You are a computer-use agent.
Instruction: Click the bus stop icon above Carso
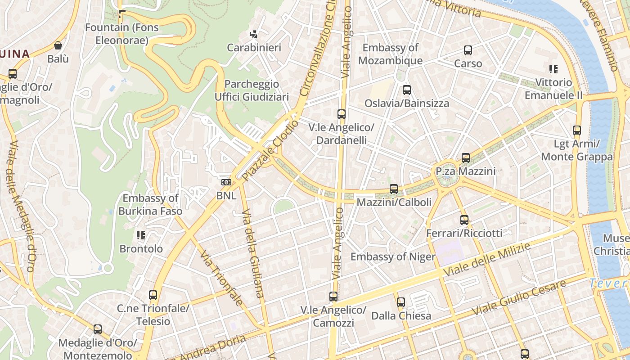click(x=468, y=50)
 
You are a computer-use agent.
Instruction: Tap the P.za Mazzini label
click(x=465, y=171)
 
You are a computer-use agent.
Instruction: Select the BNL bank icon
click(x=226, y=182)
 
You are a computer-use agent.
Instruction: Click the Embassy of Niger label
click(x=393, y=256)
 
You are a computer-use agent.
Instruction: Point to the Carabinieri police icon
click(x=254, y=34)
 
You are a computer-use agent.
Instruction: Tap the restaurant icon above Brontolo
click(x=141, y=235)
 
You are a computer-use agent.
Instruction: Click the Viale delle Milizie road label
click(x=487, y=260)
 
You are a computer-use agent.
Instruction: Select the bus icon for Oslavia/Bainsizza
click(x=407, y=90)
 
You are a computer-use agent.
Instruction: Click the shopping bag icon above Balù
click(x=58, y=45)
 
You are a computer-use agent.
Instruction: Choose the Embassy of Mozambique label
click(x=391, y=54)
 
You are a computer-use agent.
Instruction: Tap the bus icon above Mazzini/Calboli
click(x=394, y=189)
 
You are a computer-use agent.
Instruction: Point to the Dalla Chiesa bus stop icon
click(x=401, y=302)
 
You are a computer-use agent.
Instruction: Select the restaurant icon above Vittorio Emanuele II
click(x=553, y=69)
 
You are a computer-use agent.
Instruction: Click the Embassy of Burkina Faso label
click(x=150, y=205)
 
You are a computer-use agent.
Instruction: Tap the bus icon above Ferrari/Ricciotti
click(x=464, y=220)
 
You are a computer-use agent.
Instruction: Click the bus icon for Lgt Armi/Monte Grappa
click(x=577, y=131)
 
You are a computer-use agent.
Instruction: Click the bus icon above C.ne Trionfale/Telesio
click(x=153, y=296)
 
